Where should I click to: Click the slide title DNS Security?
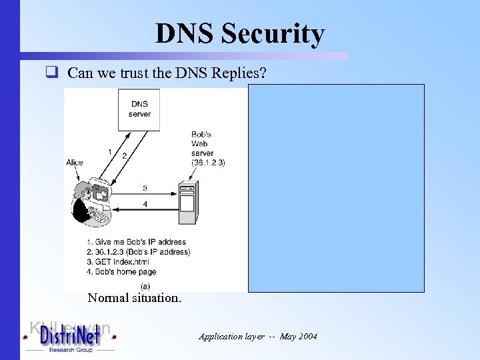tap(240, 33)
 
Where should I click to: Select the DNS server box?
tap(139, 108)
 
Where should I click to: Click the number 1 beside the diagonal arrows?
tap(109, 152)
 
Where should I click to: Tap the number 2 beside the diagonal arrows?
tap(124, 155)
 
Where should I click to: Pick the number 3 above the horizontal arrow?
tap(145, 188)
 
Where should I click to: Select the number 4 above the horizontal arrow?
tap(145, 203)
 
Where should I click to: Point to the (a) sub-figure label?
tap(145, 285)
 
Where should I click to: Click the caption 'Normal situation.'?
tap(134, 298)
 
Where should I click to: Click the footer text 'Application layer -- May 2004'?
tap(258, 337)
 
